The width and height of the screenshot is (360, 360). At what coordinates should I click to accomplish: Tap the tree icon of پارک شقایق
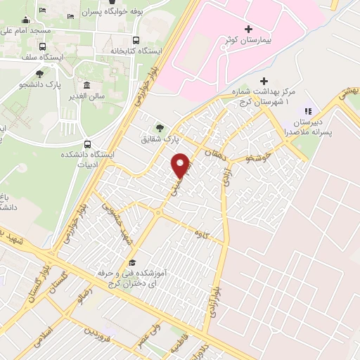[x=161, y=127]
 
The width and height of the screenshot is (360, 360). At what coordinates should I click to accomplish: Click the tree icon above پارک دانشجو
[x=39, y=73]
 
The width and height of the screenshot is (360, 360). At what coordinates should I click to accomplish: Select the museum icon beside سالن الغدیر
[x=85, y=85]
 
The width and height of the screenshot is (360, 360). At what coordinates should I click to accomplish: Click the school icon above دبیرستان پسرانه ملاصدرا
[x=307, y=110]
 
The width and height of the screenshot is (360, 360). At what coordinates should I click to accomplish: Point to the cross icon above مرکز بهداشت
[x=264, y=82]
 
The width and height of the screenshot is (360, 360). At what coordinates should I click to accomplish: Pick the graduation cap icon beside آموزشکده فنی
[x=131, y=262]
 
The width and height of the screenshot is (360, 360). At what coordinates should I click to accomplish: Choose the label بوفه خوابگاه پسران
[x=103, y=12]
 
